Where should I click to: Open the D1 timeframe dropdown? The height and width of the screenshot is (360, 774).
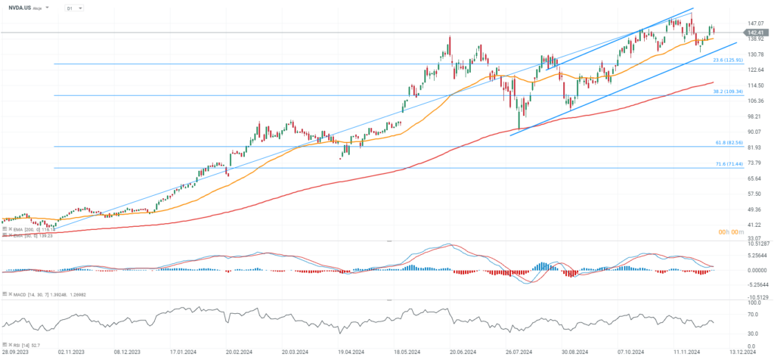pyautogui.click(x=73, y=8)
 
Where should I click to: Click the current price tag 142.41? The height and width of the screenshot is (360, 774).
pyautogui.click(x=754, y=33)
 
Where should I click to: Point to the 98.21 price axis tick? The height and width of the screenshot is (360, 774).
pyautogui.click(x=754, y=116)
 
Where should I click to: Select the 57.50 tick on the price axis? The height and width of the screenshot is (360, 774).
pyautogui.click(x=754, y=194)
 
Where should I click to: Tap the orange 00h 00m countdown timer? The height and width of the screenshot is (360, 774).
pyautogui.click(x=731, y=232)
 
